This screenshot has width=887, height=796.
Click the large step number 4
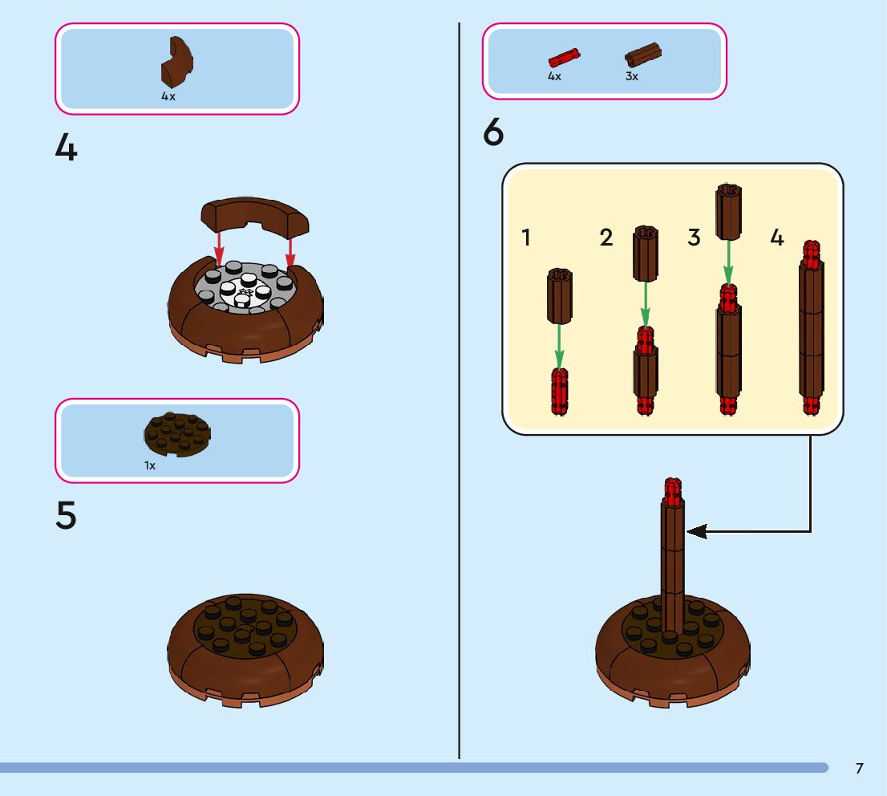pos(66,148)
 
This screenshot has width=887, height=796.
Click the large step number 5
pos(66,516)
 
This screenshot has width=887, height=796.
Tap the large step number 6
pos(493,133)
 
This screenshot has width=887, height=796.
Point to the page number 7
pos(859,769)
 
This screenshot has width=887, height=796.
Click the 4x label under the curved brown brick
pos(168,96)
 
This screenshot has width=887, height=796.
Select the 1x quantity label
pos(150,465)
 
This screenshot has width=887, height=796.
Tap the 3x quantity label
pos(632,77)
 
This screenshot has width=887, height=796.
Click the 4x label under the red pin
pos(554,77)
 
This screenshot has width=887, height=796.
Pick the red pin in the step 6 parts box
pos(565,57)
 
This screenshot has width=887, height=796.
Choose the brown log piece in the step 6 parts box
pos(643,55)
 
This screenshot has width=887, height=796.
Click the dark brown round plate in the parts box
pos(178,434)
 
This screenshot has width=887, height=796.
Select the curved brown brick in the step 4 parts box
pos(178,62)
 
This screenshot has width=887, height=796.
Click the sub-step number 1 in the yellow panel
pos(526,238)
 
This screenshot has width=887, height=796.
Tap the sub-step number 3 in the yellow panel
pos(694,238)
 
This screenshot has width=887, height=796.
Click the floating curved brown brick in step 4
pos(254,214)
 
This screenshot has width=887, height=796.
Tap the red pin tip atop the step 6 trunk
pos(672,489)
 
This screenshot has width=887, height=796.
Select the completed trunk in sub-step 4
pos(811,329)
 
